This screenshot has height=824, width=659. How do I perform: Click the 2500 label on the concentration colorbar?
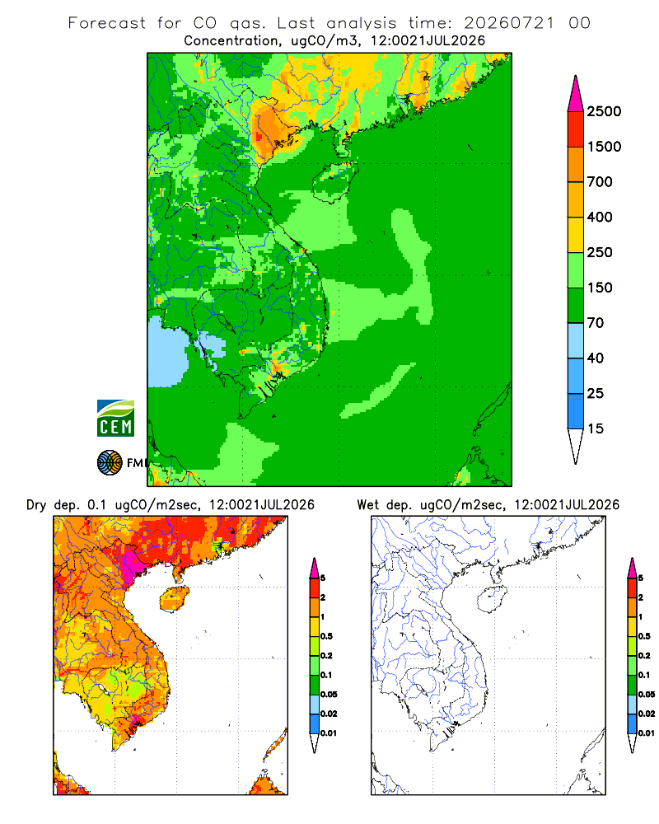coord(604,111)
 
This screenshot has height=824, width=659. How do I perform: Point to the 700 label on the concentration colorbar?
coord(600,182)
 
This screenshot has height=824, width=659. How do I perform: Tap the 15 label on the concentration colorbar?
coord(596,428)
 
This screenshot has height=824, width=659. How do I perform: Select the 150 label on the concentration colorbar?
coord(600,288)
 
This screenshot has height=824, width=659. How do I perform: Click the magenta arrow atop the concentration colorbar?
coord(576,95)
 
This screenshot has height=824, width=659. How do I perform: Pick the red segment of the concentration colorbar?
coord(576,129)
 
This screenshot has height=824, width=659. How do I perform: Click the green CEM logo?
coord(115,419)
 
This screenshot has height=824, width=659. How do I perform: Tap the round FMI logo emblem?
coord(110,463)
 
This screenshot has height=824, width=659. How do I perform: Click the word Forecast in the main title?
coord(107,23)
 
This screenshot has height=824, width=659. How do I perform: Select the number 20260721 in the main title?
coord(509,23)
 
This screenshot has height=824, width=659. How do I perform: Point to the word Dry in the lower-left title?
coord(36,506)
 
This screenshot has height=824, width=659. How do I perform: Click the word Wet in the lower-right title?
coord(367,505)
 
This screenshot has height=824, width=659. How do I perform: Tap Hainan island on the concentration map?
coord(334,181)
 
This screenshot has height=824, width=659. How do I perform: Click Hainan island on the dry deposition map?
coord(174,600)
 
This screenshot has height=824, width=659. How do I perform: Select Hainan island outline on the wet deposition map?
coord(493,600)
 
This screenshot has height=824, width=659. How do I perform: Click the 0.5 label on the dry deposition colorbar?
coord(326,636)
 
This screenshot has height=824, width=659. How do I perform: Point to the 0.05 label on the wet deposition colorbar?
coord(647,695)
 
